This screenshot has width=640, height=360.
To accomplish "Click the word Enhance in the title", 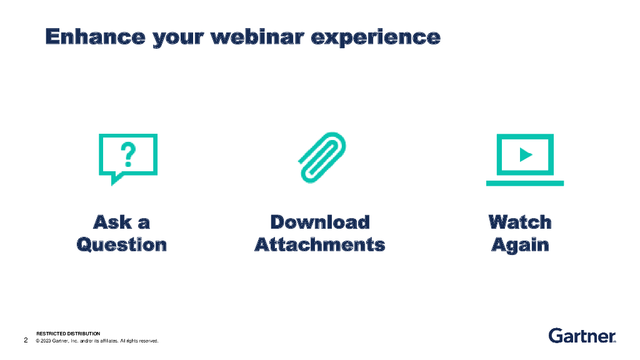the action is point(95,37).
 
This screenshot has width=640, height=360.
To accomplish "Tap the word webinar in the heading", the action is point(257,37).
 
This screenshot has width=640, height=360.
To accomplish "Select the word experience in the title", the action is point(376,38).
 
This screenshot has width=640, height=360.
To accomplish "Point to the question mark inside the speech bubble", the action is point(128,155).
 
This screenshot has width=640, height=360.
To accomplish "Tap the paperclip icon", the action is point(322,157).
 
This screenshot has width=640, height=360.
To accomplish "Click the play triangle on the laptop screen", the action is point(526,155).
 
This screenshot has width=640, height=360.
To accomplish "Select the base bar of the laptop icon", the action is point(525,183).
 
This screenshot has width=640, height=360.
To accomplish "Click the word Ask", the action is point(112,222).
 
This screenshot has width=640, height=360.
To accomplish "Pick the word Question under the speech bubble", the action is point(122,245).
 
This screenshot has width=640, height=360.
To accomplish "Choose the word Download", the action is point(320,222).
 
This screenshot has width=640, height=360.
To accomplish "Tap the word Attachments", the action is point(320,244).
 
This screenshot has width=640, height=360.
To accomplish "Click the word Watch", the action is point(520,222).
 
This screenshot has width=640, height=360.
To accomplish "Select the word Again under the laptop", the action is point(520,245).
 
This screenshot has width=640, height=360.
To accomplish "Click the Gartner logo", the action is point(582,336).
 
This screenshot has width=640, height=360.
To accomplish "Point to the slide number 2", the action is point(26,340).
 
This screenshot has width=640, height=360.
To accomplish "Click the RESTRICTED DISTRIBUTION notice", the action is point(68,334).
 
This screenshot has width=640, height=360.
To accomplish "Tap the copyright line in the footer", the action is point(97,341).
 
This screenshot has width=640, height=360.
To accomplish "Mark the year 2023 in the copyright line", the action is point(46,341).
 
